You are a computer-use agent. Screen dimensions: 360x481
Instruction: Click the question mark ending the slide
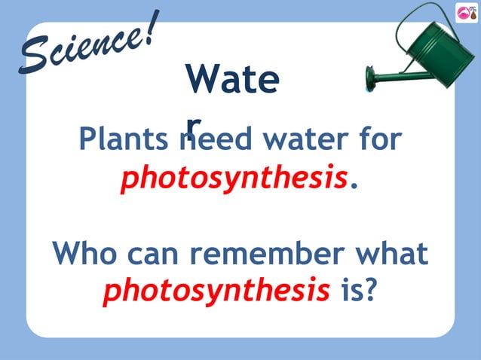pos(369,290)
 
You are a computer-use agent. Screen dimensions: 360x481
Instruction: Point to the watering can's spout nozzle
pos(370,75)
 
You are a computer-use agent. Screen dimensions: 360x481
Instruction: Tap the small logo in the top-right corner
pos(467,13)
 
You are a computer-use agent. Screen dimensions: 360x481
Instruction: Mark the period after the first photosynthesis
pos(351,185)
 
